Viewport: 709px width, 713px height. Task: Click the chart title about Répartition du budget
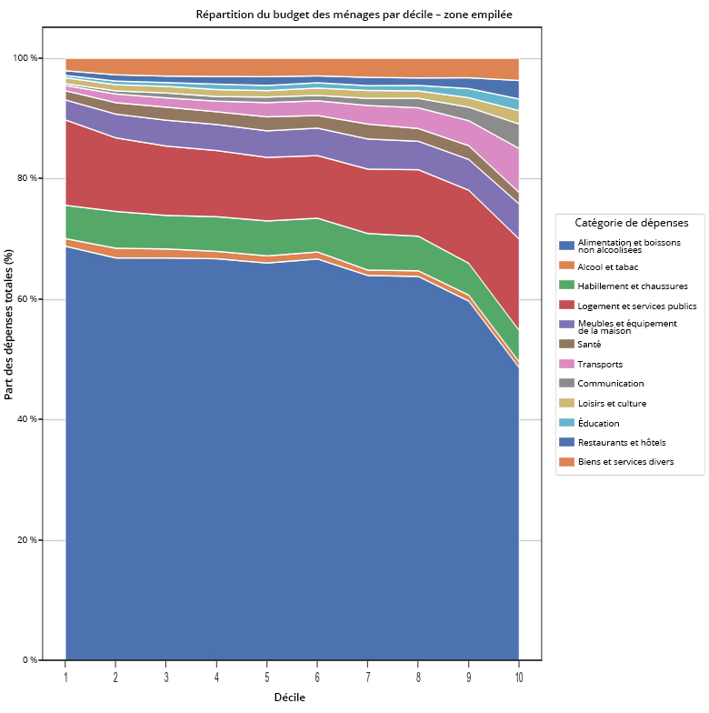click(x=354, y=15)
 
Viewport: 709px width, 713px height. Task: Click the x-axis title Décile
click(x=290, y=698)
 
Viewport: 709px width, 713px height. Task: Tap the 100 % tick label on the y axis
click(x=25, y=58)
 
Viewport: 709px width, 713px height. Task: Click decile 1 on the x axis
click(x=65, y=678)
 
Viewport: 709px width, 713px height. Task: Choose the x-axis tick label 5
click(x=266, y=678)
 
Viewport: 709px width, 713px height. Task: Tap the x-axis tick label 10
click(x=518, y=678)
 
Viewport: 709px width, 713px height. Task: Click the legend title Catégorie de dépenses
click(x=632, y=223)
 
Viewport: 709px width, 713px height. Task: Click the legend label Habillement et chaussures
click(x=633, y=286)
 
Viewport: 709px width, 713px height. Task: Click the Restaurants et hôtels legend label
click(x=622, y=442)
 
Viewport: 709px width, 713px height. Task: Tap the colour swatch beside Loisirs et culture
click(x=566, y=403)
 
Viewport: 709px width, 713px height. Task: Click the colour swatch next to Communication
click(x=566, y=384)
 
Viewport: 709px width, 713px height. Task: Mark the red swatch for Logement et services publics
click(x=566, y=306)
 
